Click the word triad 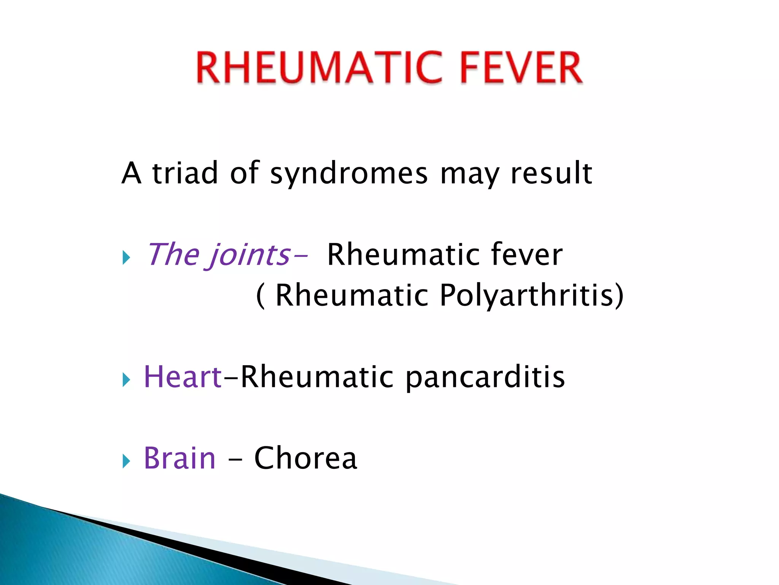click(185, 173)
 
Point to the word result click(551, 173)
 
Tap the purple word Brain click(180, 458)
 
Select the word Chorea click(305, 458)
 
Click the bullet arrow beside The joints click(126, 258)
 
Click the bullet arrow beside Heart click(126, 380)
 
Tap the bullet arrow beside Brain click(126, 461)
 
